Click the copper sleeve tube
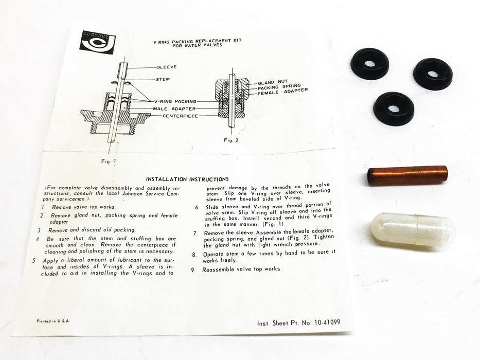pos(407,175)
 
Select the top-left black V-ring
pos(369,63)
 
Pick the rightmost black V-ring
pos(433,74)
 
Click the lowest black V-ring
pos(394,109)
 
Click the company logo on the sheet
pos(97,42)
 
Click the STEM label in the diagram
pos(163,79)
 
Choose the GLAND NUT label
pos(273,82)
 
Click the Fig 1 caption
pos(109,160)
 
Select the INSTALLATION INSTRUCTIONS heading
pos(187,179)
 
